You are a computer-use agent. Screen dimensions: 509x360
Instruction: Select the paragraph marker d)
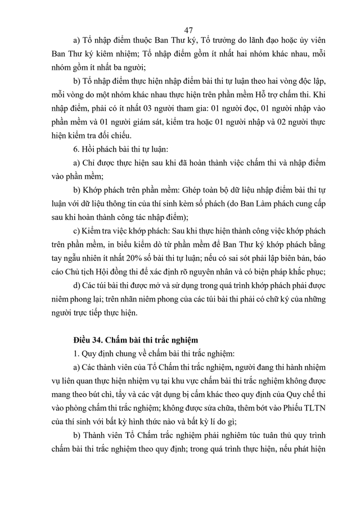[x=78, y=286]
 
